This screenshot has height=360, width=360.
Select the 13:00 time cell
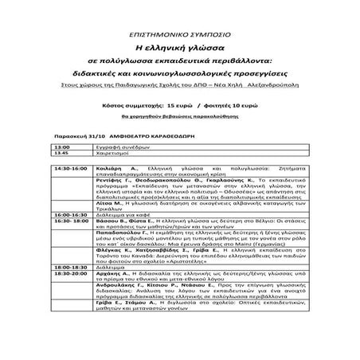coord(61,147)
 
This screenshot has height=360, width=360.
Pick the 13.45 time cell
coord(61,154)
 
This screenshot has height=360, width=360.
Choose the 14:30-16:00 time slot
coord(69,170)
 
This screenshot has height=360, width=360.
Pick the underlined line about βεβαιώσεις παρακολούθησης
coord(180,116)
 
